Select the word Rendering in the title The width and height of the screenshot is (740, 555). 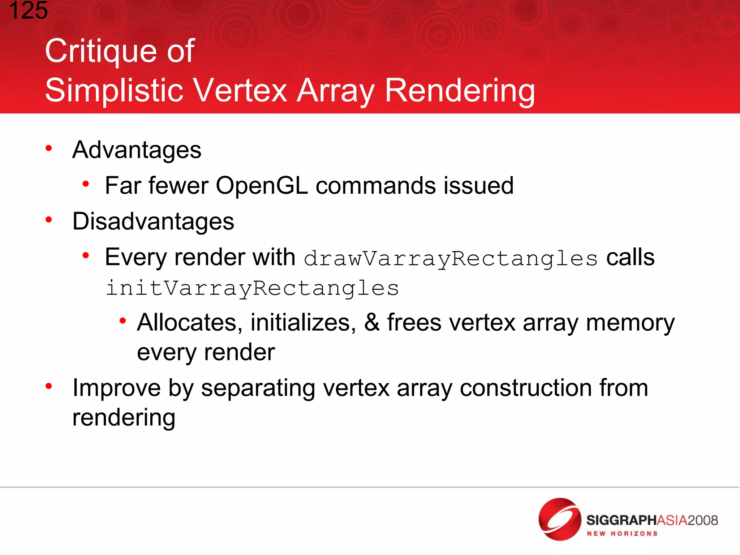[459, 91]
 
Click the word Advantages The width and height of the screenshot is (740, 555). [137, 150]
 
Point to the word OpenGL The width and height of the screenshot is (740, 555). [261, 186]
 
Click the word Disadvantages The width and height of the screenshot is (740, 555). [153, 221]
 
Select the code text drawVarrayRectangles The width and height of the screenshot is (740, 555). [451, 259]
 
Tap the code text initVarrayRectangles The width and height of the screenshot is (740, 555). [252, 288]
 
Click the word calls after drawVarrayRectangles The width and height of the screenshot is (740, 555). [630, 257]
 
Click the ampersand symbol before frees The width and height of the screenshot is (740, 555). [371, 322]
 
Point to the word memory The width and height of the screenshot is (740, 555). [630, 323]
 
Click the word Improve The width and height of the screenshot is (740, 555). [116, 388]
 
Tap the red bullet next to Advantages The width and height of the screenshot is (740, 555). [49, 148]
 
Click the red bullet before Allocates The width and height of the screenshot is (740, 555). [123, 320]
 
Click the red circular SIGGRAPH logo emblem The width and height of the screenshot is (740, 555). [559, 519]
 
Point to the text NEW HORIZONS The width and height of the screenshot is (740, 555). [622, 534]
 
